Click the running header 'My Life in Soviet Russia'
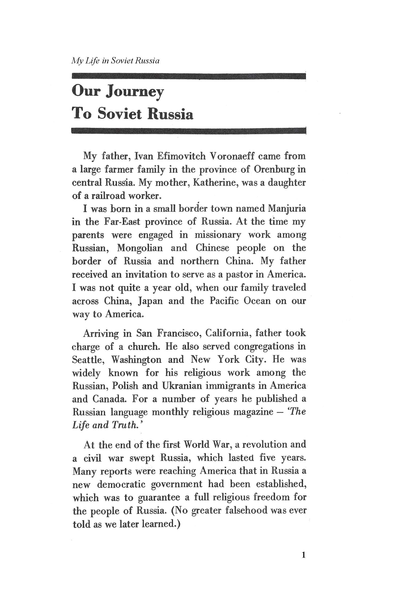[x=115, y=61]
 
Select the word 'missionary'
[x=218, y=235]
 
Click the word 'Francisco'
[x=180, y=333]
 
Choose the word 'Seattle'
[x=88, y=360]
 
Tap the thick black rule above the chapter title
[x=189, y=76]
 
